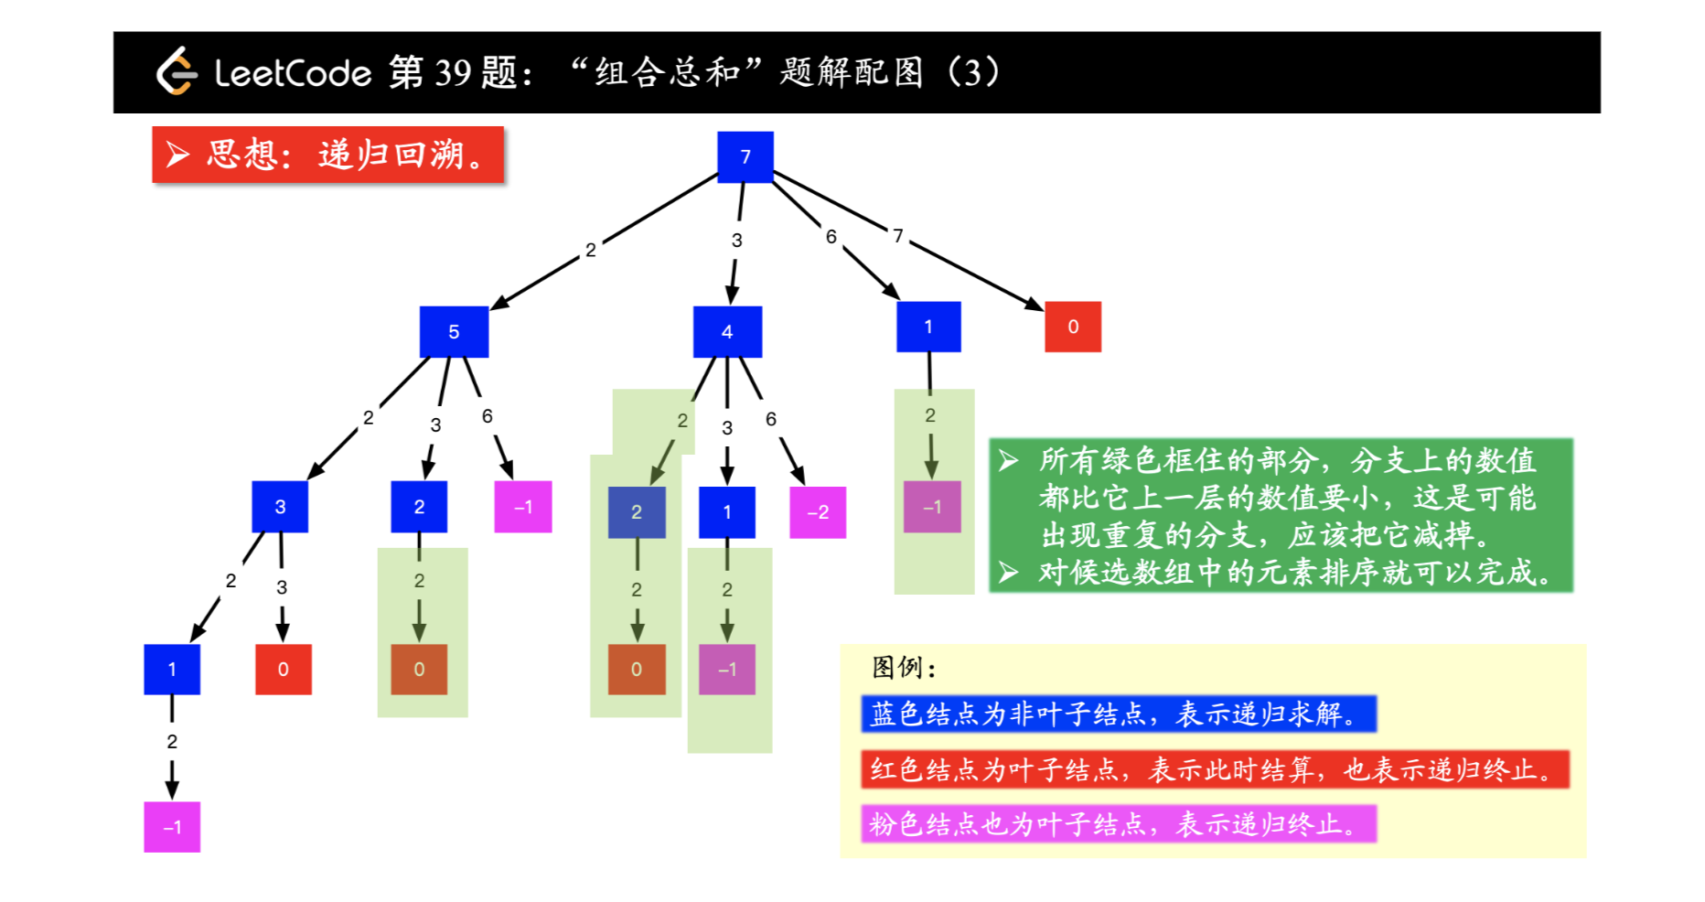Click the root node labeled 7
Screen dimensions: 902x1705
(x=745, y=156)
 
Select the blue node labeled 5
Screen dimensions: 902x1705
(x=454, y=331)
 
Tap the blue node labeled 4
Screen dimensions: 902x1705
(x=727, y=331)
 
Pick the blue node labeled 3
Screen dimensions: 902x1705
(x=280, y=506)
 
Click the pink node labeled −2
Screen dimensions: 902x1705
(x=818, y=512)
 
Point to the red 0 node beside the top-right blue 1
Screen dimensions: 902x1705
(x=1073, y=327)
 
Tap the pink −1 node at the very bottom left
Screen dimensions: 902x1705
(x=172, y=827)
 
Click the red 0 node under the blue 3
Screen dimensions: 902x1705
(x=284, y=669)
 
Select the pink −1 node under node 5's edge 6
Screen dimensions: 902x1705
(x=523, y=507)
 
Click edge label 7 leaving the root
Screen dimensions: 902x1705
(x=898, y=236)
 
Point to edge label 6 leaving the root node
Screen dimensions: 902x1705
(x=831, y=237)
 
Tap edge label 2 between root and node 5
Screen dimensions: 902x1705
(x=591, y=250)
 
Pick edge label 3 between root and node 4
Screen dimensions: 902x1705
(x=736, y=241)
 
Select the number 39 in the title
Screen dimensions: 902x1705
(x=453, y=72)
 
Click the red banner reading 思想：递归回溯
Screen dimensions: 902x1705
(x=327, y=155)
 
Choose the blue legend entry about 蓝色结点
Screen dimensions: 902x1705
(x=1118, y=714)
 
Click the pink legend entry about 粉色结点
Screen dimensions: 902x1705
(x=1118, y=824)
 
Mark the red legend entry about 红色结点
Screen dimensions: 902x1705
(x=1215, y=769)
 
